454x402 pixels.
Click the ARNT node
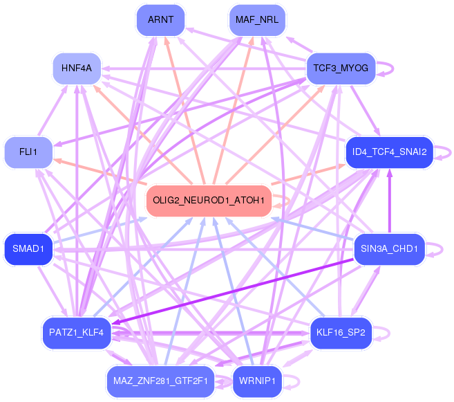(161, 20)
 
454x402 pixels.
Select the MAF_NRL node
(257, 20)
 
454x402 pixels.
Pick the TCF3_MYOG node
(340, 68)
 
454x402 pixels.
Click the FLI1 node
(28, 152)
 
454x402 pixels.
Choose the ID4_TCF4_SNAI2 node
(389, 152)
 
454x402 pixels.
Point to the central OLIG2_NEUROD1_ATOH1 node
(209, 201)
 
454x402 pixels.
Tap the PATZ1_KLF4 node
(76, 333)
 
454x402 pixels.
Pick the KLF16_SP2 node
(341, 333)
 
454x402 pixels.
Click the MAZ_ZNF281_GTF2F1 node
(159, 381)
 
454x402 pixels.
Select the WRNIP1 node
(257, 381)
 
